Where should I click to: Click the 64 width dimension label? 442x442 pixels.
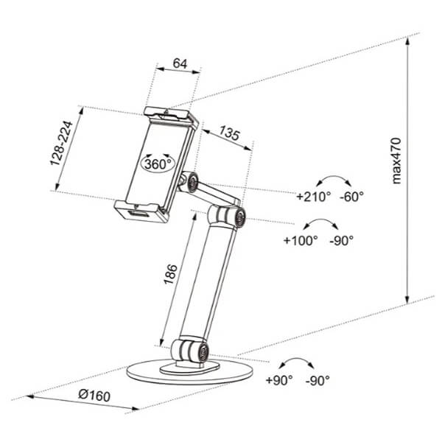180,63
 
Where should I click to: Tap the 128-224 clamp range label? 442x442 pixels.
61,143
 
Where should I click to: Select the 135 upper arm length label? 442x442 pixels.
229,133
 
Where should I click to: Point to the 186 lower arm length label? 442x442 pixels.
171,274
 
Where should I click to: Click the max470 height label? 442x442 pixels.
396,161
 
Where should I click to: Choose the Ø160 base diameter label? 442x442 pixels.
94,395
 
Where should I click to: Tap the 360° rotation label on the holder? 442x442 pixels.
158,164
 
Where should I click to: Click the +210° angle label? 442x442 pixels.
314,197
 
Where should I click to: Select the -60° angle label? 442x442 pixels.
351,197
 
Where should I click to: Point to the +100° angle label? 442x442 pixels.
301,240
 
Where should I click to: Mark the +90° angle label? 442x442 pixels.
279,380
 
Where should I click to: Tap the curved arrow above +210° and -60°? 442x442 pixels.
334,176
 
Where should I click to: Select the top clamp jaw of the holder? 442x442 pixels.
172,116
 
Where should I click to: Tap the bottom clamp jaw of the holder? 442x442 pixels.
141,210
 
